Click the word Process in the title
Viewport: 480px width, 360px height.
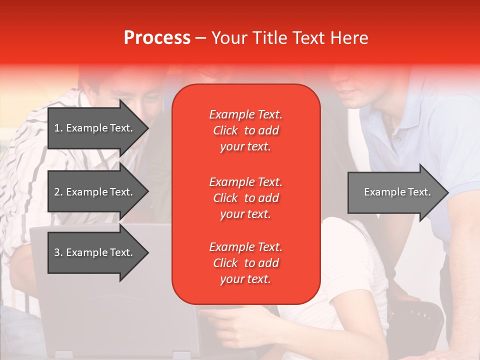pos(157,38)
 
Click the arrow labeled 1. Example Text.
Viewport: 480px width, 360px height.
pos(98,128)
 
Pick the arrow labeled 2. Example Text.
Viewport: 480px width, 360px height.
pos(98,191)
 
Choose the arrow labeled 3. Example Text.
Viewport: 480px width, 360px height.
pos(98,252)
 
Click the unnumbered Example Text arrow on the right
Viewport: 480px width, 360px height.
pos(398,192)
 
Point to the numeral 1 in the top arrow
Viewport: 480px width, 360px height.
pos(57,128)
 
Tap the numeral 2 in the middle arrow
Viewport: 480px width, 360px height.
pos(57,192)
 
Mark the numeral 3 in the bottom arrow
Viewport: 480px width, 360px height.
pos(57,252)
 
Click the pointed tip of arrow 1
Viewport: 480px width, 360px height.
pos(149,128)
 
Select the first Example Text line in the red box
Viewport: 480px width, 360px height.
pos(246,114)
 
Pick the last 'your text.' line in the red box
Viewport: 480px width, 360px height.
pos(245,279)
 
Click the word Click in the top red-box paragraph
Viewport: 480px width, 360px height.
pos(225,130)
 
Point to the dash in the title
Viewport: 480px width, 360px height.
pos(201,38)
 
